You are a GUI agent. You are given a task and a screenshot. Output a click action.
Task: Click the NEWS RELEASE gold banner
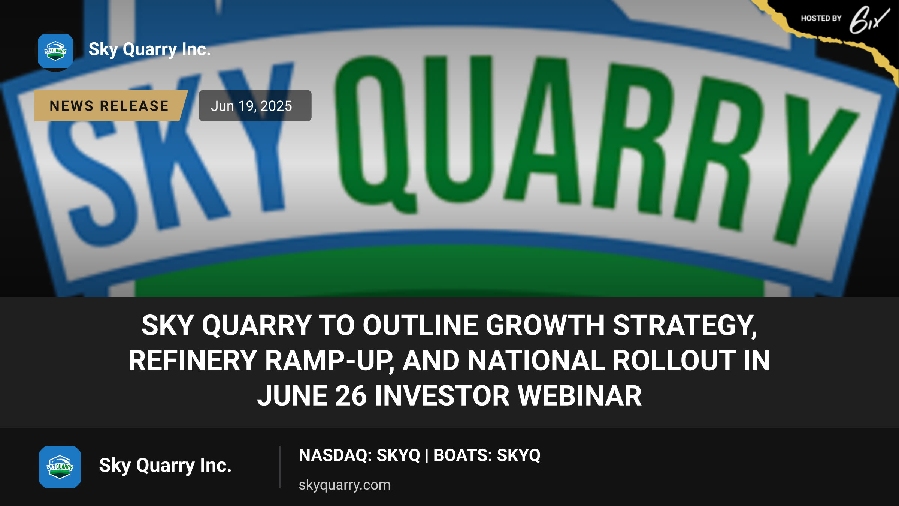111,106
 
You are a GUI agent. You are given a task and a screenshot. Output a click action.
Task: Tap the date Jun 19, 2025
251,106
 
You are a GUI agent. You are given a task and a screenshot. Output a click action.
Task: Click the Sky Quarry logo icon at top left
55,51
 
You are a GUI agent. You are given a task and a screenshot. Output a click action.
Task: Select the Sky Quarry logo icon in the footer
60,467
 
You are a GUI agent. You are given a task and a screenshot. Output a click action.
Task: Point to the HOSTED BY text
821,18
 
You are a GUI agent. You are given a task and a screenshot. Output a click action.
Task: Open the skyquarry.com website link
345,485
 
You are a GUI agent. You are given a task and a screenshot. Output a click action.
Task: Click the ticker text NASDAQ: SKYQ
360,455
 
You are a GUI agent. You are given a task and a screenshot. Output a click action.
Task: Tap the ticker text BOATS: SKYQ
487,455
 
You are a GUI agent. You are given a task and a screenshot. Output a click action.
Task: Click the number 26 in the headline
351,396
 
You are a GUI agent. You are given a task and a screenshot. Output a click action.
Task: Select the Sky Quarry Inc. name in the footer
165,466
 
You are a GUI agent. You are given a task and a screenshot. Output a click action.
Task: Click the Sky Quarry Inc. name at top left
150,50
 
